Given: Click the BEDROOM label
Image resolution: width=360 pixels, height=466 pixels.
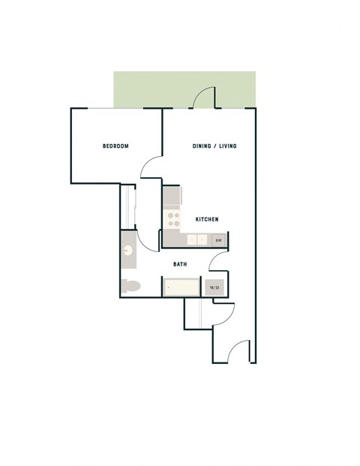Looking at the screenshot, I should coord(115,146).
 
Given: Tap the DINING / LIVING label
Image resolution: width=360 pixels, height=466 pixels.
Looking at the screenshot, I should coord(215,146).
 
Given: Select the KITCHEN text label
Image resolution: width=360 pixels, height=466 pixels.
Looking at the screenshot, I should coord(206,219).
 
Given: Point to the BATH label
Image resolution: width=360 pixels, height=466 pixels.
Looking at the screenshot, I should coord(181,264).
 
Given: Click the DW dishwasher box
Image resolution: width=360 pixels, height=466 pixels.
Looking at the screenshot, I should coord(218,240).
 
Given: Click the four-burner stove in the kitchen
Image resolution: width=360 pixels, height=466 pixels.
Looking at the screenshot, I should coord(173,219).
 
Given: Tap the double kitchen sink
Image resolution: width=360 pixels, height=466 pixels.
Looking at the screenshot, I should coord(197,240).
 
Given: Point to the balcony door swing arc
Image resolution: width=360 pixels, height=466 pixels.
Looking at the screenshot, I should coord(203,96).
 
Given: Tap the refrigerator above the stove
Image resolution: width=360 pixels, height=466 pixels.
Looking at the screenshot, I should coord(172,197).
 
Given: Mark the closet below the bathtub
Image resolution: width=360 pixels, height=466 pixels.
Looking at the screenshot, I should coord(193,313).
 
